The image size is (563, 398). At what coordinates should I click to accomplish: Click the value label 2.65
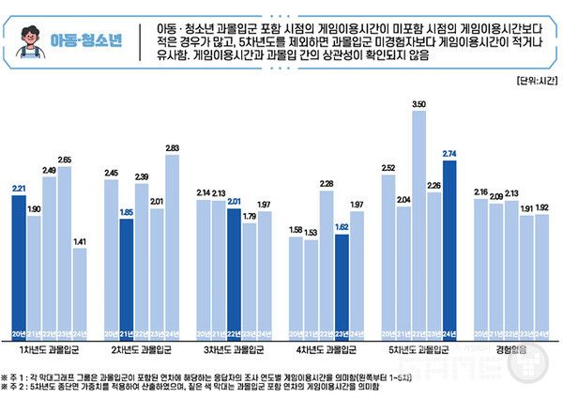click(x=65, y=161)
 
